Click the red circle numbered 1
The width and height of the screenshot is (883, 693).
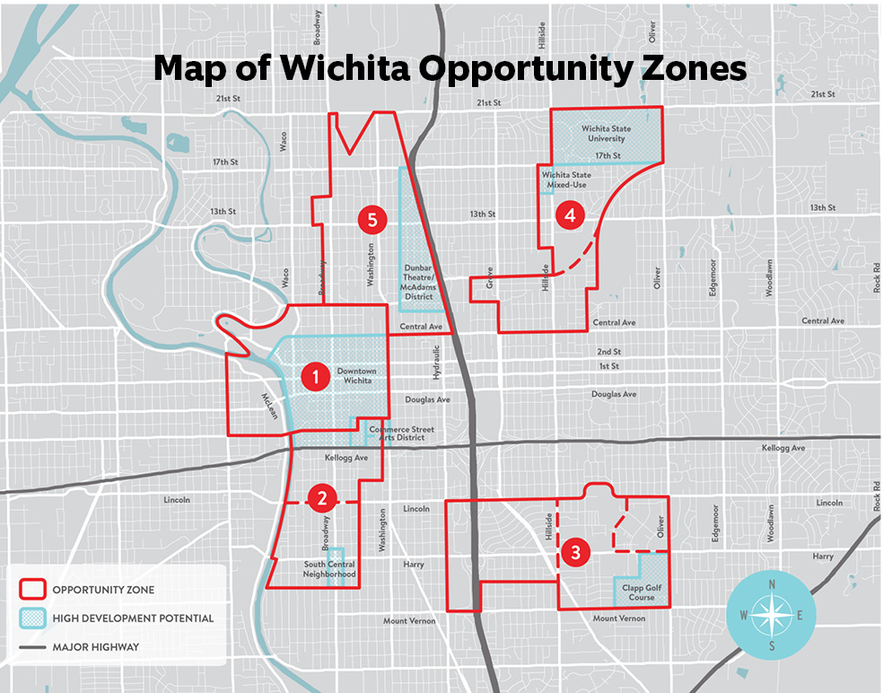(314, 377)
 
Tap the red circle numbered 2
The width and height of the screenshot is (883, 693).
(321, 496)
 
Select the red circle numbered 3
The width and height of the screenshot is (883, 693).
(575, 552)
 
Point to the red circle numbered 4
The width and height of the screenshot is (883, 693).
(568, 215)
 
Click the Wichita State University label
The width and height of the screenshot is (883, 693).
(606, 134)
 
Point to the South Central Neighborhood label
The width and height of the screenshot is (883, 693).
(329, 569)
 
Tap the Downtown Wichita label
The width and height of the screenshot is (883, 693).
(356, 375)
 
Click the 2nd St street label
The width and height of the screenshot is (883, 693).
(609, 352)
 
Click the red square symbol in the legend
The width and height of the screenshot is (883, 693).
(33, 590)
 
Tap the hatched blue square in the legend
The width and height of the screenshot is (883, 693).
(33, 618)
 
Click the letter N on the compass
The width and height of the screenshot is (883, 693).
(772, 584)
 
